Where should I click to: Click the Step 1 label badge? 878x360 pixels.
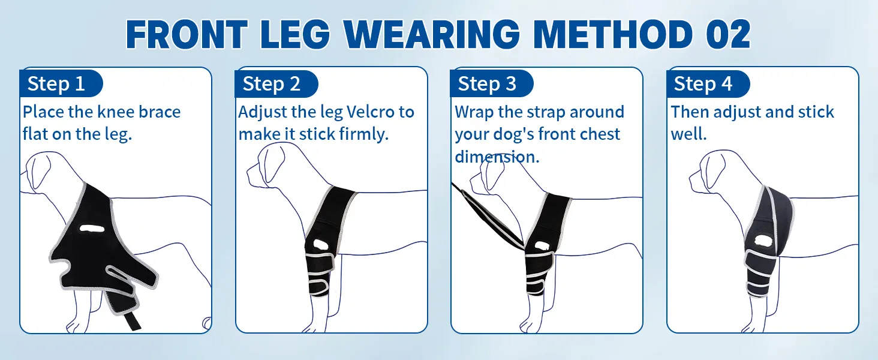pos(61,83)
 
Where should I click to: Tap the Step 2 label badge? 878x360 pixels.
pos(276,83)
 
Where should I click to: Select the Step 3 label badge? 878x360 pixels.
pos(492,83)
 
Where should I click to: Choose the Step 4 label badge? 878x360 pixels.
pos(708,83)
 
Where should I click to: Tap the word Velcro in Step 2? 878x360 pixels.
pos(371,112)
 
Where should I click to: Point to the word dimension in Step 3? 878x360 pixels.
pos(497,157)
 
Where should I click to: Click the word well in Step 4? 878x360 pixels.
pos(688,134)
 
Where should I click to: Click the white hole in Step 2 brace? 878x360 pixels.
pos(321,245)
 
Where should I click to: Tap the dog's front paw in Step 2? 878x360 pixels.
pos(314,326)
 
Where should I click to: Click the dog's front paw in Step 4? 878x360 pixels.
pos(752,326)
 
